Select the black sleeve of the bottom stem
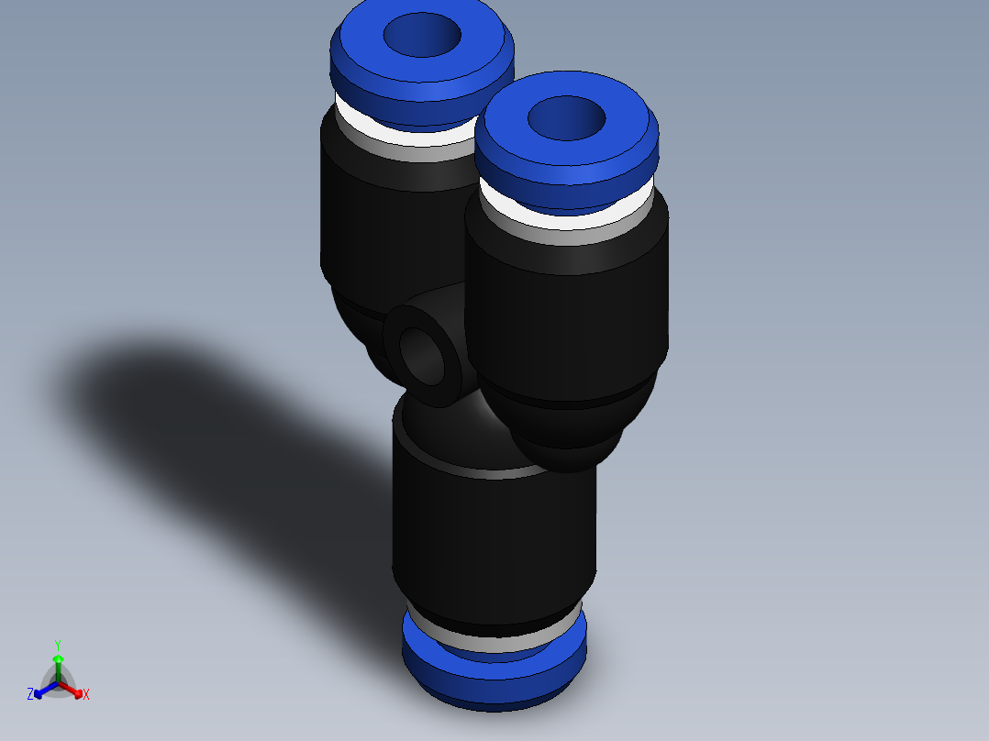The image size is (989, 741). click(494, 541)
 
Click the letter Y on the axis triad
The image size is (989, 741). click(58, 645)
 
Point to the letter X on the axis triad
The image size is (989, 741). click(86, 695)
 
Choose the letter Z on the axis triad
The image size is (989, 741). click(30, 695)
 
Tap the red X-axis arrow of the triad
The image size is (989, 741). click(75, 691)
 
